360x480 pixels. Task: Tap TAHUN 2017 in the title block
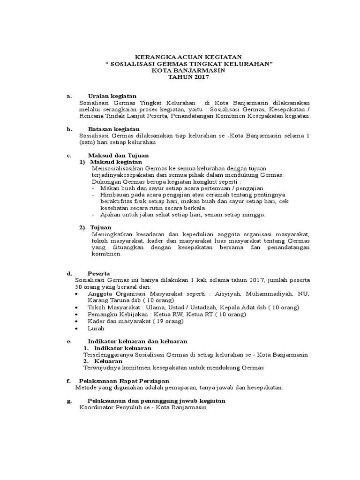pos(188,76)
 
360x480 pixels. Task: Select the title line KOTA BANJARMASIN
pos(188,70)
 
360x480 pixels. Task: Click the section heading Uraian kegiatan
pos(112,96)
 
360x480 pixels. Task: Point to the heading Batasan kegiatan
pos(113,129)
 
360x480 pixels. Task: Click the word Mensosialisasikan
pos(117,168)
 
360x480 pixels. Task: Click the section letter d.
pos(69,273)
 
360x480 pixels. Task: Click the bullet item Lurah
pos(96,329)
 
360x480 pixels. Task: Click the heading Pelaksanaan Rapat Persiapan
pos(124,381)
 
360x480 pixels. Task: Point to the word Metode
pos(85,388)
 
